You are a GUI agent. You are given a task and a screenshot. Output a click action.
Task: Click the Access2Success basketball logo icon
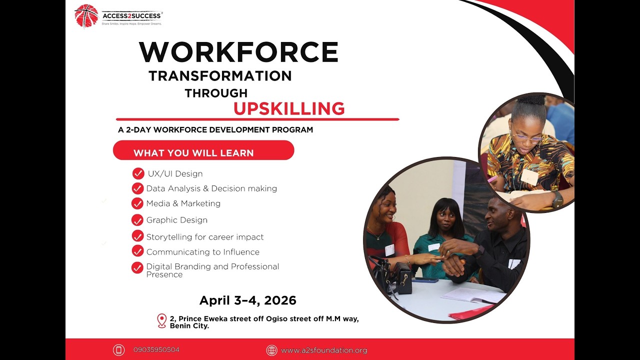(x=86, y=15)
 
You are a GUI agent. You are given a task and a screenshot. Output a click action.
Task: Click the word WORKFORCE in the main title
(x=238, y=52)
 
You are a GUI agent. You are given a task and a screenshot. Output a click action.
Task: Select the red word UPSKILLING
(x=289, y=108)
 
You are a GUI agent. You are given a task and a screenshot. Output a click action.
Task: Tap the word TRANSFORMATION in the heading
(x=220, y=76)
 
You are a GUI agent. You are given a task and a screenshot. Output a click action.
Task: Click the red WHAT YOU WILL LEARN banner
(x=203, y=150)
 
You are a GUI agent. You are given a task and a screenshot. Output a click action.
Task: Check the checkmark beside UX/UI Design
(x=138, y=173)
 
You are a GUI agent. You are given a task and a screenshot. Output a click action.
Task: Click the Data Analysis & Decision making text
(x=211, y=188)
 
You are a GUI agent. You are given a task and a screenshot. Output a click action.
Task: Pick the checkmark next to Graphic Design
(x=137, y=220)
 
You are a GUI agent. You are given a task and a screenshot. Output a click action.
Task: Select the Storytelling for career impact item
(x=204, y=237)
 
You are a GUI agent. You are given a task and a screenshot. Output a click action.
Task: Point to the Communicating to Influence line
(x=202, y=252)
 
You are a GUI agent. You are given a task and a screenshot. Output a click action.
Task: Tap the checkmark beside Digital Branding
(x=137, y=268)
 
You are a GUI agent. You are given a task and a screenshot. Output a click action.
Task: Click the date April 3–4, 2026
(x=247, y=300)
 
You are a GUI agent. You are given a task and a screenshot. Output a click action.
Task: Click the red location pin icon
(x=161, y=320)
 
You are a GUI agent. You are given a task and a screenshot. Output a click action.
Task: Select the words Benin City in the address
(x=189, y=326)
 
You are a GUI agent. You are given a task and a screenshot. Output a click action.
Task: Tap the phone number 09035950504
(x=156, y=350)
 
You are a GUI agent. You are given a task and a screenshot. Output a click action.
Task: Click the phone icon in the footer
(x=118, y=350)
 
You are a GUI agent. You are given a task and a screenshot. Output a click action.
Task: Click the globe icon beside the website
(x=271, y=350)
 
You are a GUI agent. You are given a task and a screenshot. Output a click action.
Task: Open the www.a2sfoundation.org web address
(x=324, y=350)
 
